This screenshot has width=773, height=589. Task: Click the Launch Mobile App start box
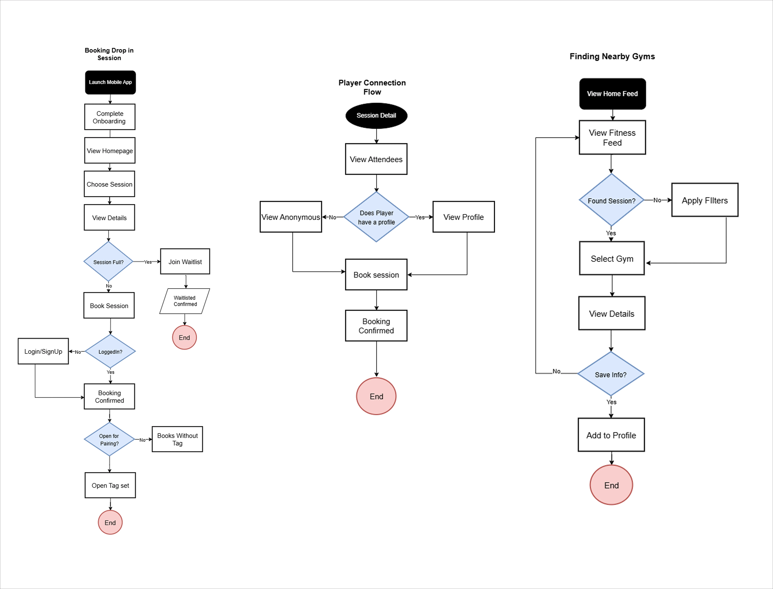pyautogui.click(x=110, y=82)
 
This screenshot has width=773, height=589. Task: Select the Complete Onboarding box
pyautogui.click(x=110, y=117)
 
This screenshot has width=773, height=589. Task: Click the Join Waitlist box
pyautogui.click(x=185, y=262)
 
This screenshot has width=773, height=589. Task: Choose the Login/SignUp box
pyautogui.click(x=43, y=351)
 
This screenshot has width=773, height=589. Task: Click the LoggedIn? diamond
pyautogui.click(x=110, y=351)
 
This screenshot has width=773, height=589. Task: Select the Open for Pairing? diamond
pyautogui.click(x=109, y=439)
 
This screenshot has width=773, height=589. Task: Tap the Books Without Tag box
pyautogui.click(x=177, y=439)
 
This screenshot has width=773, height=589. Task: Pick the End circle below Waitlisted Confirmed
pyautogui.click(x=184, y=337)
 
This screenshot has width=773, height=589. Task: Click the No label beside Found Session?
pyautogui.click(x=657, y=200)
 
